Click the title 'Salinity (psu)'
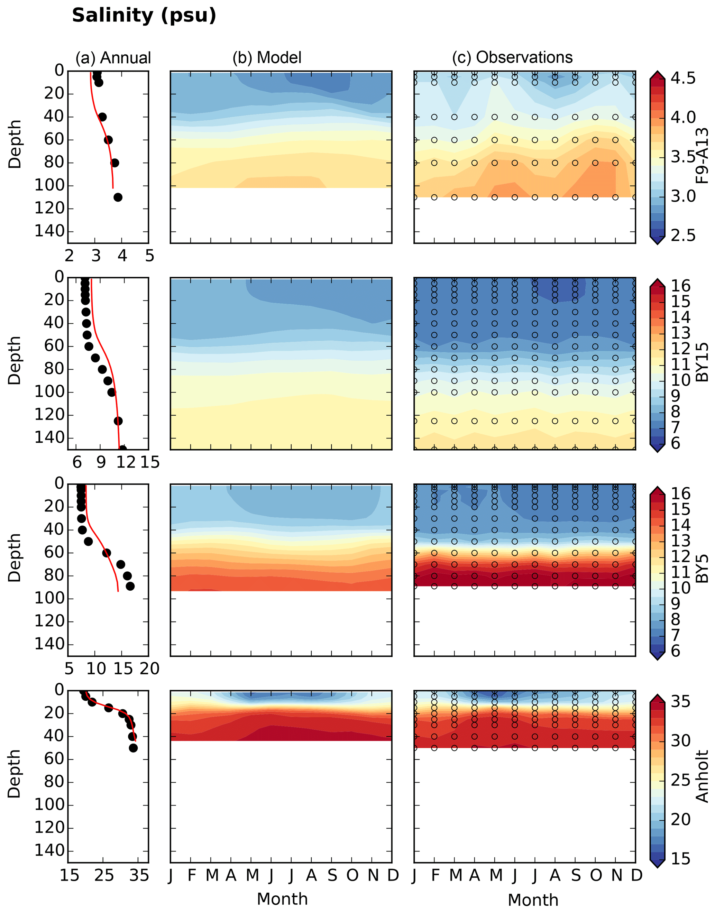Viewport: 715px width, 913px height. point(144,16)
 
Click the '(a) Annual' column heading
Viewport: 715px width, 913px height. point(113,58)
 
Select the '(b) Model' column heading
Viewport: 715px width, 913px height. point(267,58)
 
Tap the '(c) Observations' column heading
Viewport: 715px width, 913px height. point(512,57)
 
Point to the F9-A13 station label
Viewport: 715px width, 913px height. point(702,156)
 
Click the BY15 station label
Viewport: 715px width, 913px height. point(702,362)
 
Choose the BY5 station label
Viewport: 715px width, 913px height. point(702,569)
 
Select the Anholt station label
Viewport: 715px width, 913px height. point(702,776)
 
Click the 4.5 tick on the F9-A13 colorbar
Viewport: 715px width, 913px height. point(683,78)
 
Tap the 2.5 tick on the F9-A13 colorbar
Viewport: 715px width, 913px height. point(683,235)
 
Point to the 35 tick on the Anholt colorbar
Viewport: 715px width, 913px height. point(681,701)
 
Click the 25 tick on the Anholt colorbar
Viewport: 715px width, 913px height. point(681,780)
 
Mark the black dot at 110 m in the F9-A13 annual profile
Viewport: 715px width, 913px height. point(118,197)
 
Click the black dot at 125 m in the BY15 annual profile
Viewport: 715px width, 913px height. point(118,421)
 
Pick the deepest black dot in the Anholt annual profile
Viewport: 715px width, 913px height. point(133,748)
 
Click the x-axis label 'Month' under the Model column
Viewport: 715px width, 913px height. point(282,899)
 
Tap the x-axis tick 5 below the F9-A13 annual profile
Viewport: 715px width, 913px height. point(149,256)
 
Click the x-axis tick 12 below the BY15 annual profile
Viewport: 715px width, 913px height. point(126,462)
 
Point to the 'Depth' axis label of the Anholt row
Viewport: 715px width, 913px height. point(14,774)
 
